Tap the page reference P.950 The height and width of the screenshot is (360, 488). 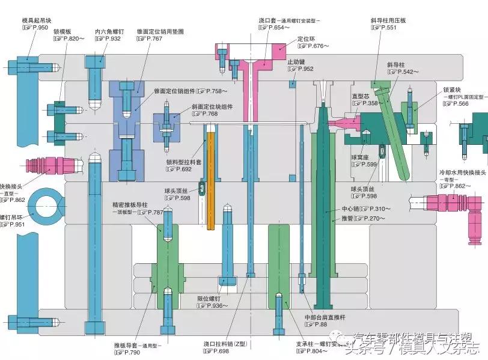(x=36, y=28)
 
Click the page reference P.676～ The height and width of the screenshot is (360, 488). (x=311, y=46)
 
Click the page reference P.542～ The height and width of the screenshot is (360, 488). (x=407, y=72)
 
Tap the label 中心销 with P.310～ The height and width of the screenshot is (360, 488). (x=350, y=209)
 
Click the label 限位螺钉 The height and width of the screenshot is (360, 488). (x=209, y=298)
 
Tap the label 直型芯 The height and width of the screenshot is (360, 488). (x=361, y=96)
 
